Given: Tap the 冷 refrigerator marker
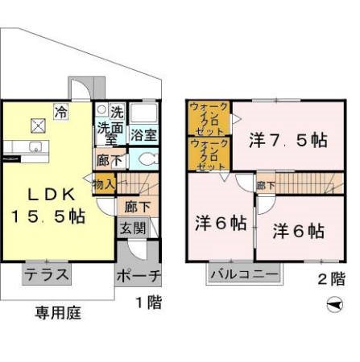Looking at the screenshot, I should tap(60, 112).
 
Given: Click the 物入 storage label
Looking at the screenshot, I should tap(104, 184).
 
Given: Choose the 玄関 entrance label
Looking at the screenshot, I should tap(134, 228).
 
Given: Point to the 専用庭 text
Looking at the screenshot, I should tap(58, 312).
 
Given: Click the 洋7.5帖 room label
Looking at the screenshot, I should tap(288, 139).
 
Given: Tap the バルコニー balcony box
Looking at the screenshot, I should tap(244, 274).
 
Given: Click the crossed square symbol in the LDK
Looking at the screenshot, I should tap(39, 125).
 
